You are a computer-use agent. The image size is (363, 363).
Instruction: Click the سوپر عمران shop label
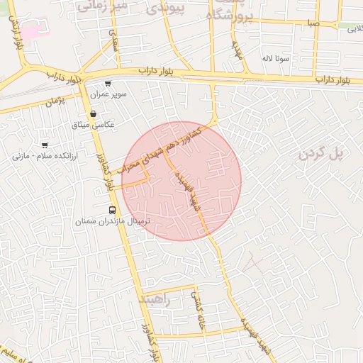108,94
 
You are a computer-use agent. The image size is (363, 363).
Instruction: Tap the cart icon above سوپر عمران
108,84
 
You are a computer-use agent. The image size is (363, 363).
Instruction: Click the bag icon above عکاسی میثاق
93,113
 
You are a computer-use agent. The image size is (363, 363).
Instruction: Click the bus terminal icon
112,210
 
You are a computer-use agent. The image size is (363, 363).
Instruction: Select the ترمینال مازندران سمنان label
109,222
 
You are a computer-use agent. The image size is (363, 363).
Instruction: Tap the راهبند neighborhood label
157,299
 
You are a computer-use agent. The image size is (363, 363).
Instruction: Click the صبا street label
313,23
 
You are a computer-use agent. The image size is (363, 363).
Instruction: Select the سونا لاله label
276,58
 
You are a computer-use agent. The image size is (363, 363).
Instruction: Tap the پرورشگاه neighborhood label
229,13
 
